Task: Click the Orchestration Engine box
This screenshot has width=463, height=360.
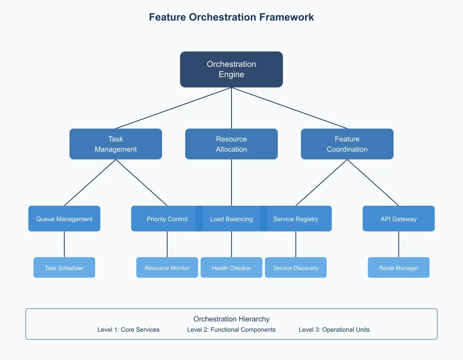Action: pyautogui.click(x=231, y=69)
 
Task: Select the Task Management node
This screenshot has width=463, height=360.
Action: pyautogui.click(x=116, y=144)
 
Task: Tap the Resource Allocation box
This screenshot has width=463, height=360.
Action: pyautogui.click(x=231, y=144)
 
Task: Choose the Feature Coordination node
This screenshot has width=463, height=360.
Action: pyautogui.click(x=347, y=144)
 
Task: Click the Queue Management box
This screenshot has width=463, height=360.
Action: pyautogui.click(x=64, y=219)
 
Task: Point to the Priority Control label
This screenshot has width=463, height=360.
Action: pyautogui.click(x=167, y=219)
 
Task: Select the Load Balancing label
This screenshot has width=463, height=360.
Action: pyautogui.click(x=231, y=219)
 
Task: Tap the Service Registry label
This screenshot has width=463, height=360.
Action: pyautogui.click(x=296, y=219)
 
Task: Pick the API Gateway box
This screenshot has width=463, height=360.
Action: pyautogui.click(x=399, y=219)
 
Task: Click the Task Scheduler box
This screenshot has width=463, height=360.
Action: pyautogui.click(x=64, y=267)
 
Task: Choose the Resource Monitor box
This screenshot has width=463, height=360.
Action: pyautogui.click(x=167, y=267)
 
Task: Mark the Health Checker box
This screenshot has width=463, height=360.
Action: pyautogui.click(x=231, y=267)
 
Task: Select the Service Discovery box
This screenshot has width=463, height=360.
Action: pyautogui.click(x=296, y=267)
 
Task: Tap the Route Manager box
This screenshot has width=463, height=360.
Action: pyautogui.click(x=399, y=267)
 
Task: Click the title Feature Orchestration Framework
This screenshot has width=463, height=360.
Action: pyautogui.click(x=231, y=17)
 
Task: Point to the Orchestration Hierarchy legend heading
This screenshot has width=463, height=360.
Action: pyautogui.click(x=231, y=319)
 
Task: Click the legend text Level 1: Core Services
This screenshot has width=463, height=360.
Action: pyautogui.click(x=128, y=330)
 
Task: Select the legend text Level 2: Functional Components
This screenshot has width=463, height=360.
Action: pyautogui.click(x=231, y=330)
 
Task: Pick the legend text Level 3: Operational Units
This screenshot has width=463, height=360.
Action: pyautogui.click(x=334, y=330)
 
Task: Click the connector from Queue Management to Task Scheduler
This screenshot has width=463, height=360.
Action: pyautogui.click(x=64, y=244)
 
